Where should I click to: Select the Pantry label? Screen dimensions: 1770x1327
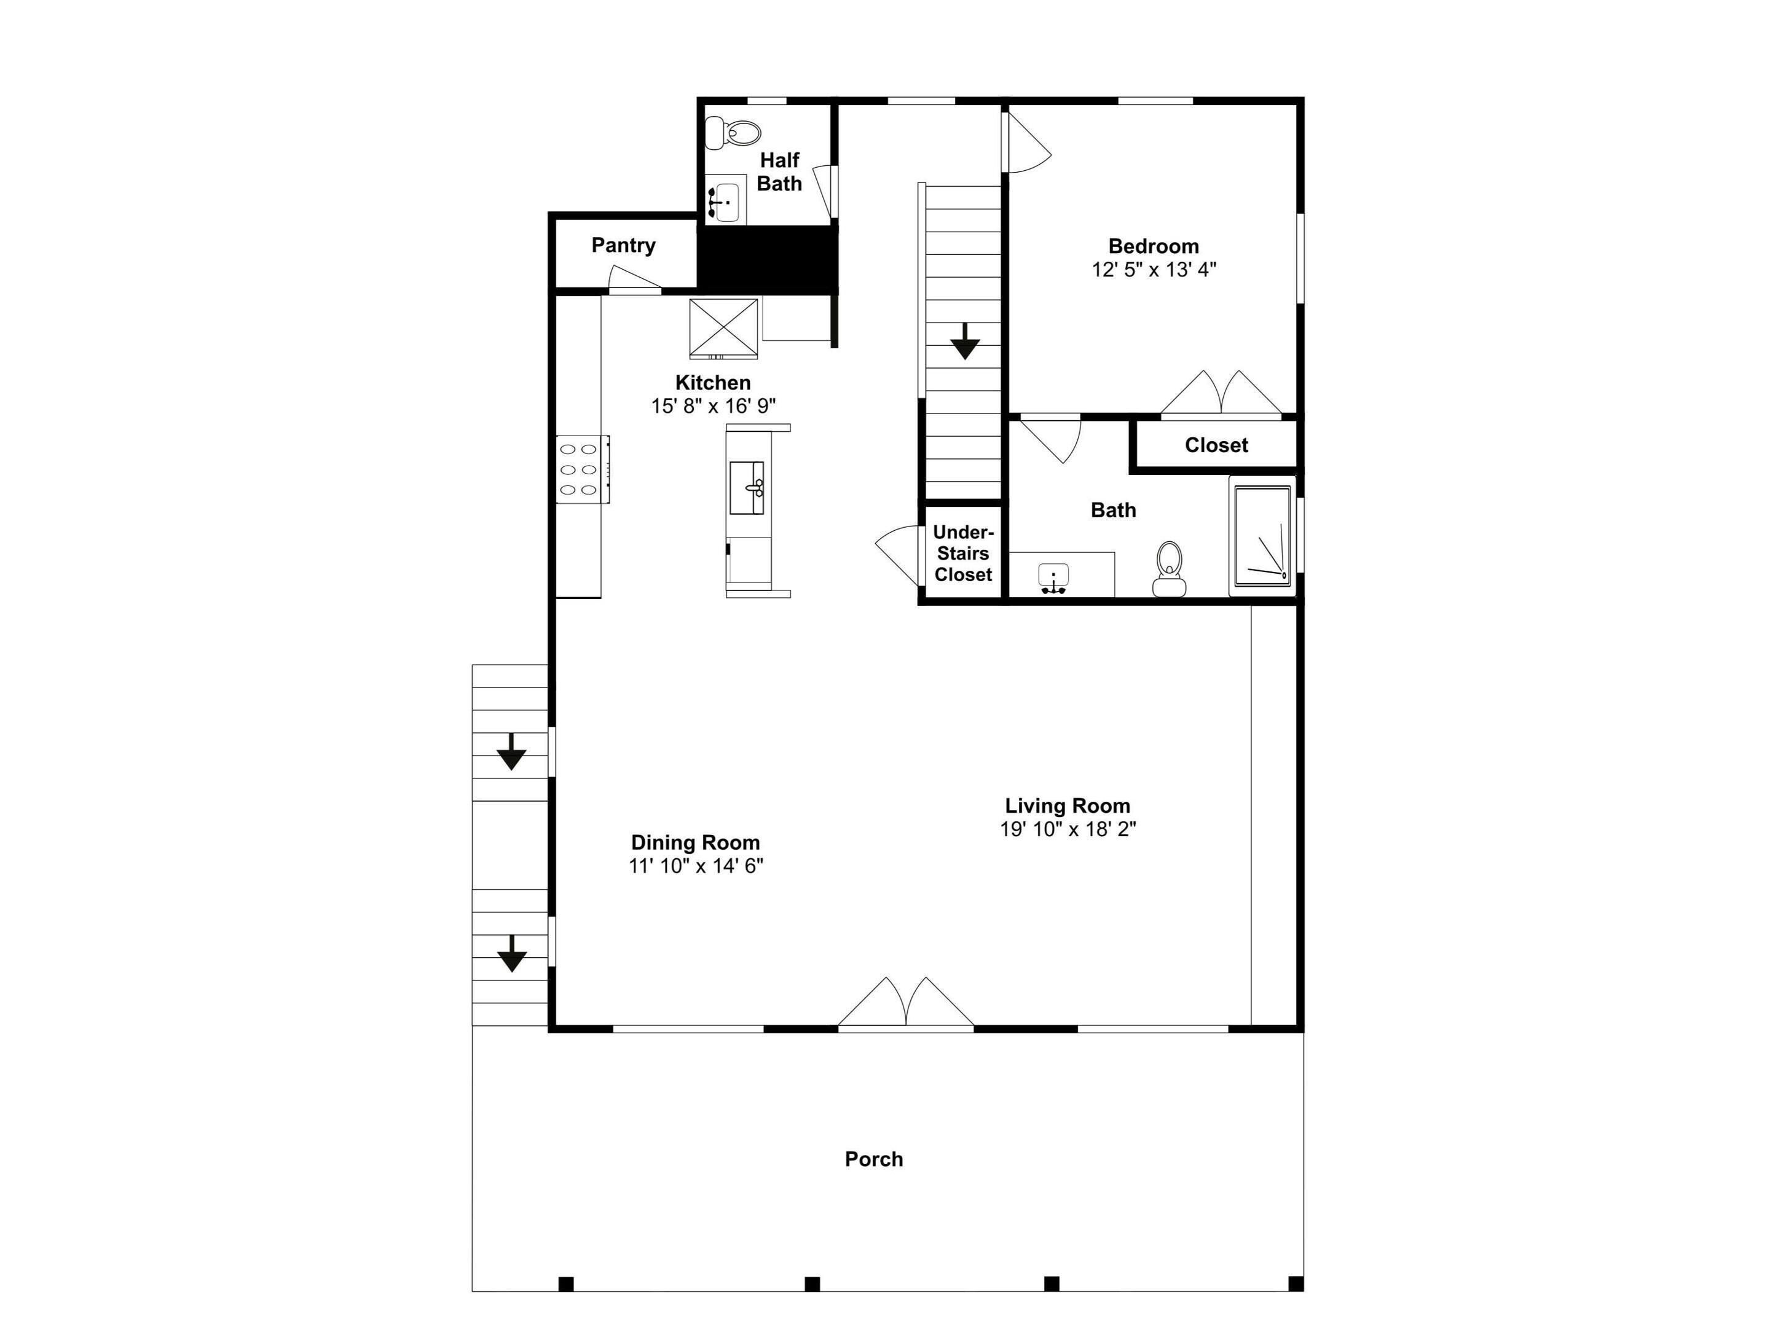point(623,246)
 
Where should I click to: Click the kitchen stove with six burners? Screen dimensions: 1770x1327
point(583,469)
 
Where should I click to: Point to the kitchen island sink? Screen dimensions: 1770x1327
point(747,488)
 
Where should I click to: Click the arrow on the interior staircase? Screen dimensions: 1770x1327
point(965,341)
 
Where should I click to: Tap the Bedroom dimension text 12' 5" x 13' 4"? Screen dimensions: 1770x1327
point(1154,270)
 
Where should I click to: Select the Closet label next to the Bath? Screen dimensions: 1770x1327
point(1216,445)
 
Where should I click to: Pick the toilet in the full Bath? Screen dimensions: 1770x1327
point(1169,569)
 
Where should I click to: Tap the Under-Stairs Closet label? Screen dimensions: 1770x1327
point(964,554)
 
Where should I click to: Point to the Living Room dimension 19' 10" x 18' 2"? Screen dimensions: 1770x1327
point(1068,829)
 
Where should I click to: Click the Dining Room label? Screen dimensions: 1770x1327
point(695,842)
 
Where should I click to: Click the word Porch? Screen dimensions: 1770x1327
point(874,1159)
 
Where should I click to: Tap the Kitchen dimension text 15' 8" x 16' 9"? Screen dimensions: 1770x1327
point(713,406)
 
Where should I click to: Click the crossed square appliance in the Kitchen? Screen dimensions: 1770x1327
point(723,329)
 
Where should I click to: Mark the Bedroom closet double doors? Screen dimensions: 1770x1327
point(1221,393)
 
